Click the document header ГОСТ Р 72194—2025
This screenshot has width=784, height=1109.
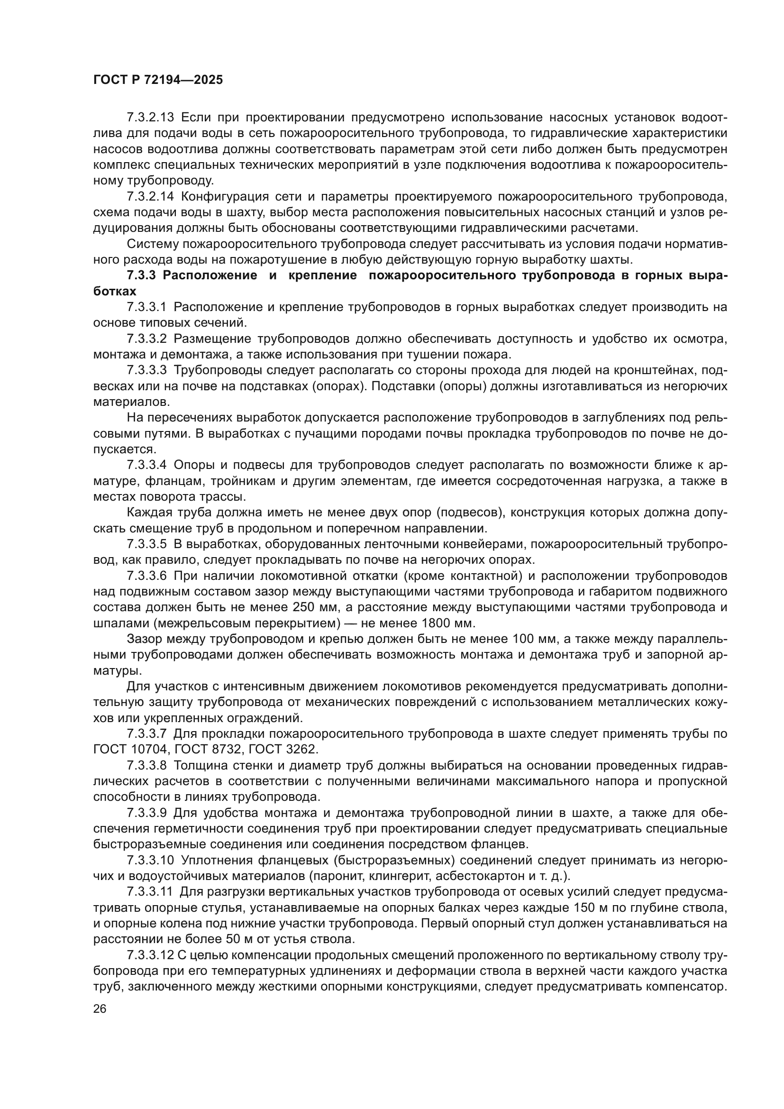pos(158,80)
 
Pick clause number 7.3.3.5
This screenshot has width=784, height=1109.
pos(146,544)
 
